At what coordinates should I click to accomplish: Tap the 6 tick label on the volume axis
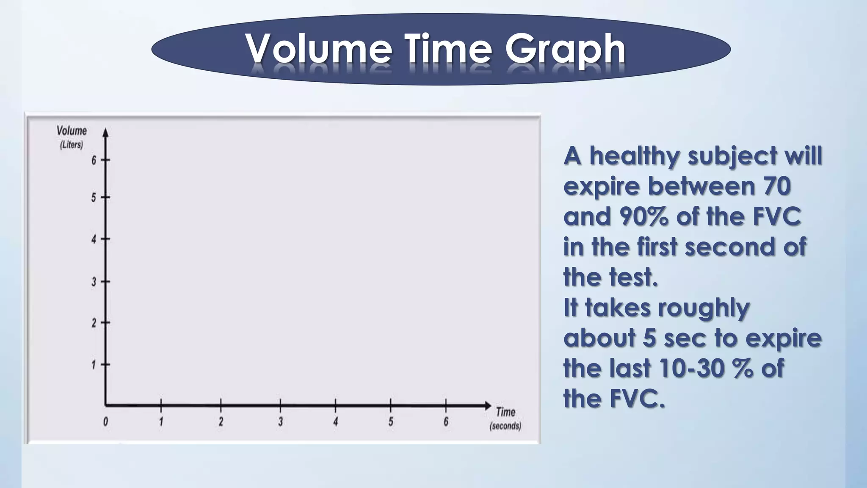pos(94,160)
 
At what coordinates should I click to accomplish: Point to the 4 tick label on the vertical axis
pos(94,239)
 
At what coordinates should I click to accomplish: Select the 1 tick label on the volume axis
pos(94,365)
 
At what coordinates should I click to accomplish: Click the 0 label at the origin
pos(105,421)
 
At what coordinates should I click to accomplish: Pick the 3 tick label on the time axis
pos(280,421)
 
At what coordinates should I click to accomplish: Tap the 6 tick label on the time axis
pos(446,421)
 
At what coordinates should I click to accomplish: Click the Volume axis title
pos(72,131)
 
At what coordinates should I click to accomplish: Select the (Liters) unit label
pos(71,145)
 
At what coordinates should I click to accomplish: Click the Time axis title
pos(505,412)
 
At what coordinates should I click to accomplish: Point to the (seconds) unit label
pos(505,426)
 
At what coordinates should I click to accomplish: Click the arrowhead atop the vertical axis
pos(106,133)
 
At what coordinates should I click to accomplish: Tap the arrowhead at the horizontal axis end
pos(488,405)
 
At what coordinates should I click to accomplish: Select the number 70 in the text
pos(777,186)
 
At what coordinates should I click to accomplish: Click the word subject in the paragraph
pos(733,157)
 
